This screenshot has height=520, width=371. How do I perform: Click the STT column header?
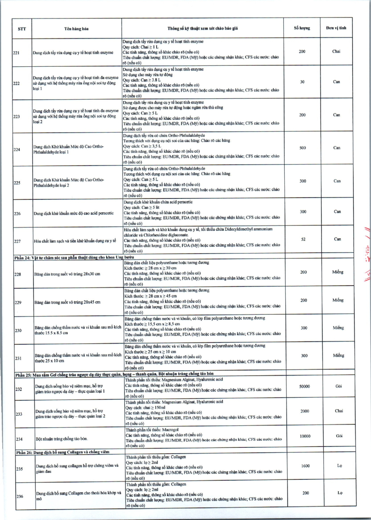[x=22, y=28]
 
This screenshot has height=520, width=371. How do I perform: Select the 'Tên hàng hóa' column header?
[x=77, y=28]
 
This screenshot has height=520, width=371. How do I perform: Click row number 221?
[x=16, y=53]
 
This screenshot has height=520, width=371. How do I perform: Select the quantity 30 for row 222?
[x=302, y=82]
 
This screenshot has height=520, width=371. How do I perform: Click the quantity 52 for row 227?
[x=302, y=239]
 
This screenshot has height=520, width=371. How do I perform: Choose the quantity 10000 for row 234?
[x=302, y=436]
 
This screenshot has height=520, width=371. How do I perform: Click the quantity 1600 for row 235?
[x=302, y=465]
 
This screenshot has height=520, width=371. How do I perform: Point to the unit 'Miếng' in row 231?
[x=338, y=355]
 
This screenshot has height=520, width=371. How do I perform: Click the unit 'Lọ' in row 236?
[x=339, y=493]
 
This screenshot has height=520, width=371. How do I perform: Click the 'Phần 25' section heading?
[x=128, y=374]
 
